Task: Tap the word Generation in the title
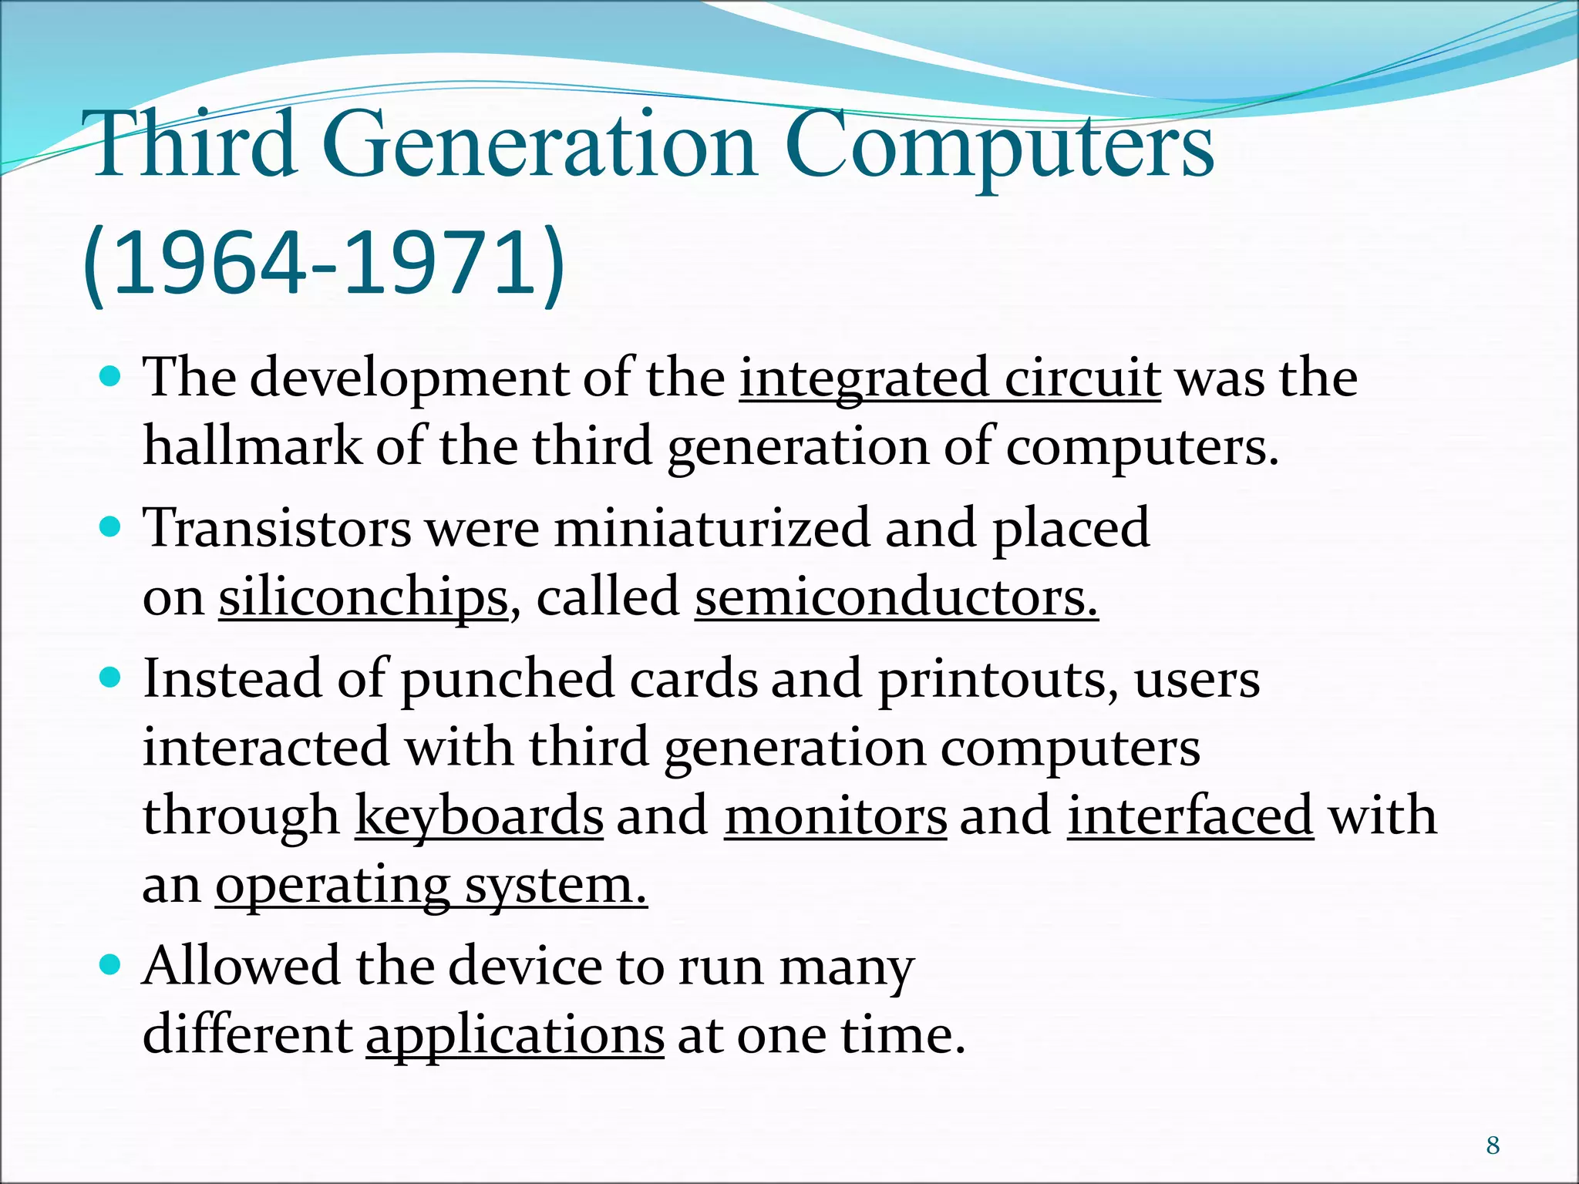(538, 145)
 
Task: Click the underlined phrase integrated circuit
(950, 379)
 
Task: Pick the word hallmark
(252, 447)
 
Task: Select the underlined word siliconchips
(363, 598)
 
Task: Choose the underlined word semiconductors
(896, 598)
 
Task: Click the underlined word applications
(515, 1035)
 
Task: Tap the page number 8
(1493, 1145)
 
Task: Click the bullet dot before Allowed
(111, 964)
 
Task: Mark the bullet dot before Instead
(111, 678)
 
